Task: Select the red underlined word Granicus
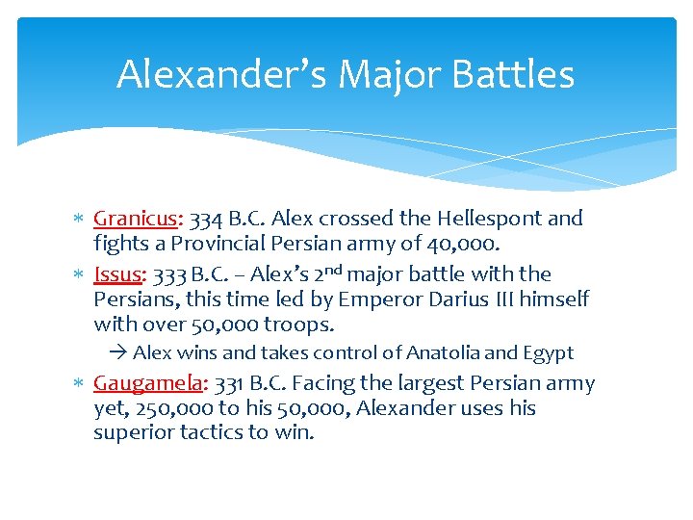coord(133,219)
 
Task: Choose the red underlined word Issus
coord(116,274)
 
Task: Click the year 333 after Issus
coord(171,274)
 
